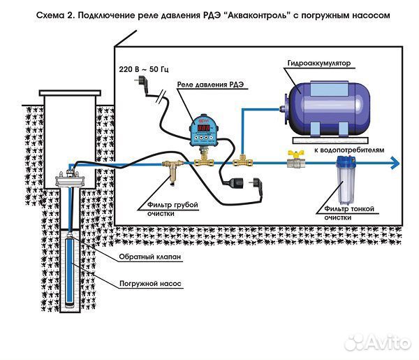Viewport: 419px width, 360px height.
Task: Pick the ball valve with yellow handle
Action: pyautogui.click(x=295, y=159)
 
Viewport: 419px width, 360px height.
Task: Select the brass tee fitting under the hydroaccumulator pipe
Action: pyautogui.click(x=241, y=159)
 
